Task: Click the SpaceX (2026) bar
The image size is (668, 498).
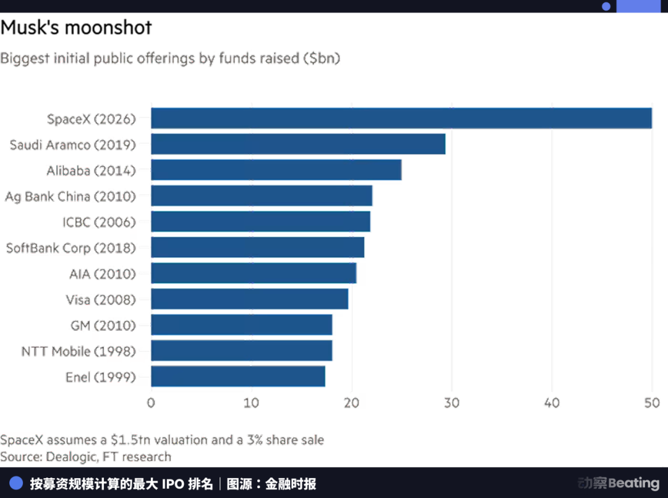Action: coord(402,118)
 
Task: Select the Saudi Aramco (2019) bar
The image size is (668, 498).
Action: coord(298,144)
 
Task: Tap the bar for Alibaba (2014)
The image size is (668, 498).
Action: coord(276,170)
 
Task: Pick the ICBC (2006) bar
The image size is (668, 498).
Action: coord(260,222)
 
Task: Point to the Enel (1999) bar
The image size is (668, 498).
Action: coord(238,377)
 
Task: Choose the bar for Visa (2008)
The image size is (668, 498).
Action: coord(250,299)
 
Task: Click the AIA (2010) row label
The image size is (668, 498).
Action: coord(101,273)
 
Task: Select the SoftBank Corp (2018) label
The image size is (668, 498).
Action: coord(70,248)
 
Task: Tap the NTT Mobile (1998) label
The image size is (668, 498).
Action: coord(78,351)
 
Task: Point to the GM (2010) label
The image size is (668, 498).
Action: coord(103,325)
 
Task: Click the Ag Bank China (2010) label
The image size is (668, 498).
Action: coord(70,196)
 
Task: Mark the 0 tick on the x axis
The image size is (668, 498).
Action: coord(151,403)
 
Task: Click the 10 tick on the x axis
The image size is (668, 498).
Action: coord(251,403)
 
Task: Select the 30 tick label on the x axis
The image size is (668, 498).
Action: coord(452,403)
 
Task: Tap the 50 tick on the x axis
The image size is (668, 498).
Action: coord(652,403)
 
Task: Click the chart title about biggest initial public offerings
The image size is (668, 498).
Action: coord(170,59)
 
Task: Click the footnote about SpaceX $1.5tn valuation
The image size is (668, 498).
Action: coord(162,440)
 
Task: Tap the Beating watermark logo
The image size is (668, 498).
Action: coord(619,483)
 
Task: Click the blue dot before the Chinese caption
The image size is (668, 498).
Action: coord(16,483)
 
